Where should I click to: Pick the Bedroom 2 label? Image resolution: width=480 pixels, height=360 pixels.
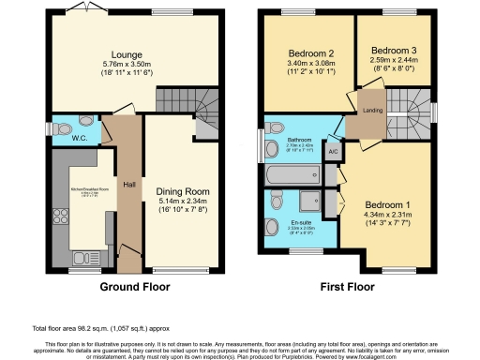tap(307, 55)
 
